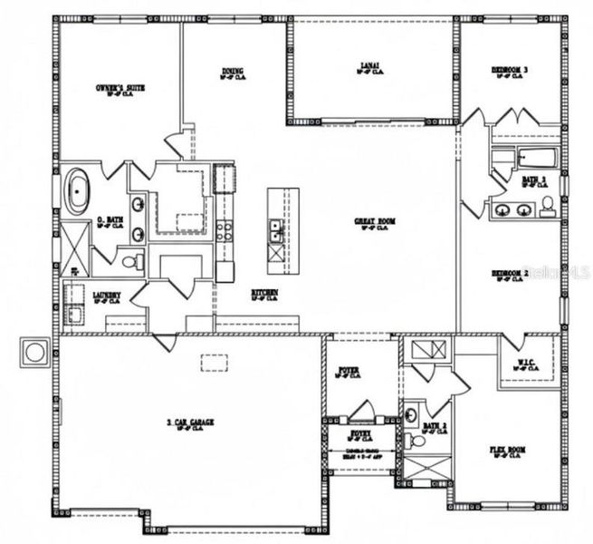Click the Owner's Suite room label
click(x=121, y=88)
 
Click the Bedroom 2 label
click(x=509, y=273)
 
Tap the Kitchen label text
click(x=264, y=292)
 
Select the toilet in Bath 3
click(x=549, y=209)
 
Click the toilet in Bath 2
click(x=417, y=442)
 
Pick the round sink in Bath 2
click(x=411, y=415)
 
